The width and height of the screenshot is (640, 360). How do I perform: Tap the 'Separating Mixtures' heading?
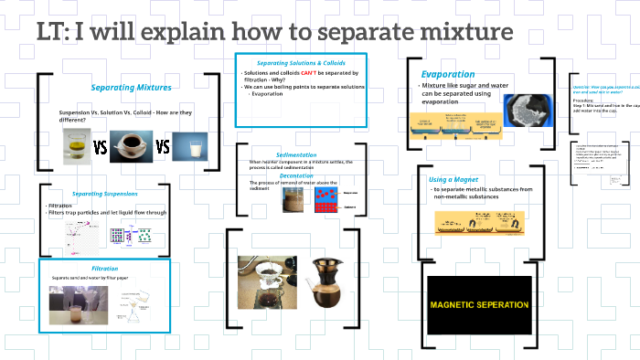tap(125, 88)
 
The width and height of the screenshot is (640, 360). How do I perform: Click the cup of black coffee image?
tap(130, 144)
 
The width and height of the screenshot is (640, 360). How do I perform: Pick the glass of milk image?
tap(190, 146)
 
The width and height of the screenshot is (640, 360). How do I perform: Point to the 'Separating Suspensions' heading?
tap(105, 194)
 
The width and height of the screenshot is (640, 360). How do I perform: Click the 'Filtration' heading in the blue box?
tap(105, 269)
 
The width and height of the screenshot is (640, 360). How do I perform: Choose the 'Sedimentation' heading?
tap(296, 154)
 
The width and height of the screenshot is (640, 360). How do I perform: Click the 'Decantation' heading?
tap(296, 175)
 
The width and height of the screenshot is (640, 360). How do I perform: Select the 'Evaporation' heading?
tap(447, 74)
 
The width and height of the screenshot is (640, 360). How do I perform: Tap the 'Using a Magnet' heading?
tap(453, 179)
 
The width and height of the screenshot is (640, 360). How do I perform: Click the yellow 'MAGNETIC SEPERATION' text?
tap(479, 304)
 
